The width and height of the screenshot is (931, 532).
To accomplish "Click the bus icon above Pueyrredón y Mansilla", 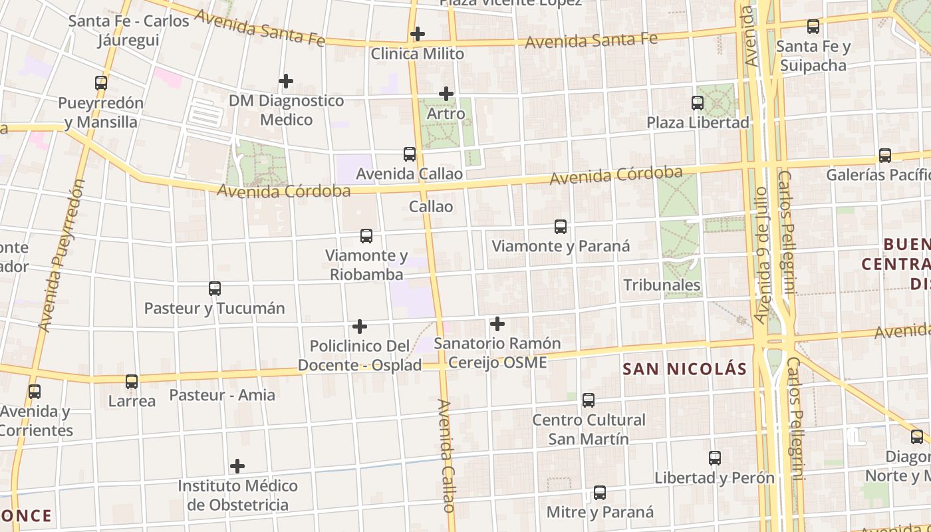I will coord(101,83).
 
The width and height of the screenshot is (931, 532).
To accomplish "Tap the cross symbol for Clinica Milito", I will coord(418,33).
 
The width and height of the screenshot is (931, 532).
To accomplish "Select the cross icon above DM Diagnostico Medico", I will coord(286,81).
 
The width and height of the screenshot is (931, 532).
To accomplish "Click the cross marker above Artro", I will coord(446,94).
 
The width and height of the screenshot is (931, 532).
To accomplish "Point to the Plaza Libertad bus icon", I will coord(698,103).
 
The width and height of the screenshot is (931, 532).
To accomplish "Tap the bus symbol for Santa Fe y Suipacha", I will coord(813,27).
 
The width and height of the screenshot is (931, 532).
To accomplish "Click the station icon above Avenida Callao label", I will coord(410,154).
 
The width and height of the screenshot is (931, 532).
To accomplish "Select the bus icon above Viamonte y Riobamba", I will coord(366,236).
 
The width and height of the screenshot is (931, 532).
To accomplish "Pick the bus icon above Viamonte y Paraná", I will coord(561,227).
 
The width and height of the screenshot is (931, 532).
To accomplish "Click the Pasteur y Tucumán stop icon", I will coord(215,289).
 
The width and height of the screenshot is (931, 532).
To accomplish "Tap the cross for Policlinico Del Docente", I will coord(360,327).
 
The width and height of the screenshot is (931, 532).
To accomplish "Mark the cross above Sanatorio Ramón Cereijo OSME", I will coord(497,324).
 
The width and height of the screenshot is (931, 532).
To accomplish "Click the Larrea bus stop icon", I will coord(132,382).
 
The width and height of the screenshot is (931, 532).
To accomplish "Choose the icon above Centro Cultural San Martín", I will coord(589,400).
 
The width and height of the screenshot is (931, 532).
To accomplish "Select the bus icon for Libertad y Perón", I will coord(715,458).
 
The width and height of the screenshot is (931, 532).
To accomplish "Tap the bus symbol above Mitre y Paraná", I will coord(600,493).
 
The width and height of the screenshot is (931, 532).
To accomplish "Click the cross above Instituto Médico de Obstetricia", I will coord(237,466).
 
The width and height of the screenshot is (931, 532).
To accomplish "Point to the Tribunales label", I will coord(662,285).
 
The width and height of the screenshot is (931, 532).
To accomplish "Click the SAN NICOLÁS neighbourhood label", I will coord(685,369).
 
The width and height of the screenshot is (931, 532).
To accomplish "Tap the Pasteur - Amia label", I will coord(222,395).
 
